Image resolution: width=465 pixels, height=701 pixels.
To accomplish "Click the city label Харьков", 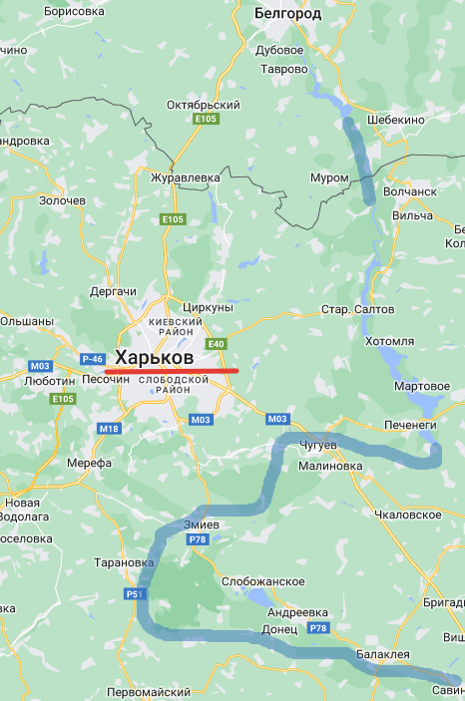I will pyautogui.click(x=154, y=357).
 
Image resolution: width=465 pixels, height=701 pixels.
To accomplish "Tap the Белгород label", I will pyautogui.click(x=287, y=14).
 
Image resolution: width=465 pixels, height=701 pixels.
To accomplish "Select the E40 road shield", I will pyautogui.click(x=217, y=344).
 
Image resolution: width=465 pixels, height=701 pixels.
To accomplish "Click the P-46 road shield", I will pyautogui.click(x=93, y=358).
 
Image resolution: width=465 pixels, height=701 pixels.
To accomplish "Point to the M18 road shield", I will pyautogui.click(x=109, y=428).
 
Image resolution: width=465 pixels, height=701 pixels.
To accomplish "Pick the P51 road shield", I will pyautogui.click(x=135, y=594).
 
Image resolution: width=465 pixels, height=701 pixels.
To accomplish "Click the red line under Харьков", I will pyautogui.click(x=171, y=371).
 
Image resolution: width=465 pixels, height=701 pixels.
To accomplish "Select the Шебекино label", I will pyautogui.click(x=395, y=119).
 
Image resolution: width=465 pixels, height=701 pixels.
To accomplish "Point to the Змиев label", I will pyautogui.click(x=208, y=525).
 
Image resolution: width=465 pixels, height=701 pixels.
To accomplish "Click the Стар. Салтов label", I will pyautogui.click(x=349, y=310).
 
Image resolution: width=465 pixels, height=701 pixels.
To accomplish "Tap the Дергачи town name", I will pyautogui.click(x=112, y=291).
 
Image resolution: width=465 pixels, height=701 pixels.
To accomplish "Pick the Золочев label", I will pyautogui.click(x=62, y=200).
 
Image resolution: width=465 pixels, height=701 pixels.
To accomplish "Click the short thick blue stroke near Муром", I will pyautogui.click(x=360, y=160).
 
